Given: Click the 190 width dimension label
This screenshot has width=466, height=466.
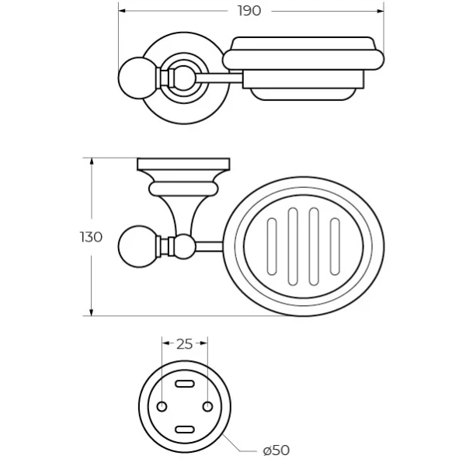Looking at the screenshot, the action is click(x=249, y=11).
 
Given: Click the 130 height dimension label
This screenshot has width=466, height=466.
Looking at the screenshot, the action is click(x=91, y=237).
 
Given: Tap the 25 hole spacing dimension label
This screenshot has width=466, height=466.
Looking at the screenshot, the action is click(x=185, y=344).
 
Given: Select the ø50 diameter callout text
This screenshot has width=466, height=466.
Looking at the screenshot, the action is click(x=276, y=450).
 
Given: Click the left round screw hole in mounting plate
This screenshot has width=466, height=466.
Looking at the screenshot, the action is click(x=162, y=406).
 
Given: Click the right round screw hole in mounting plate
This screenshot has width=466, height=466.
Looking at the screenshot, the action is click(x=207, y=406).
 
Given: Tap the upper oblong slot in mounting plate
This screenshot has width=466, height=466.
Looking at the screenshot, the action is click(x=185, y=384).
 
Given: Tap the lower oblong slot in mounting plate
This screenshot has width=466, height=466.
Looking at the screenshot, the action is click(x=185, y=429).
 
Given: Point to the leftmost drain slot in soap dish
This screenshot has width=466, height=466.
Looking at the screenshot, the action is click(x=272, y=246).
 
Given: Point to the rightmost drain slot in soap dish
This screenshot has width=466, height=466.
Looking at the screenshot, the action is click(x=335, y=246).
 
